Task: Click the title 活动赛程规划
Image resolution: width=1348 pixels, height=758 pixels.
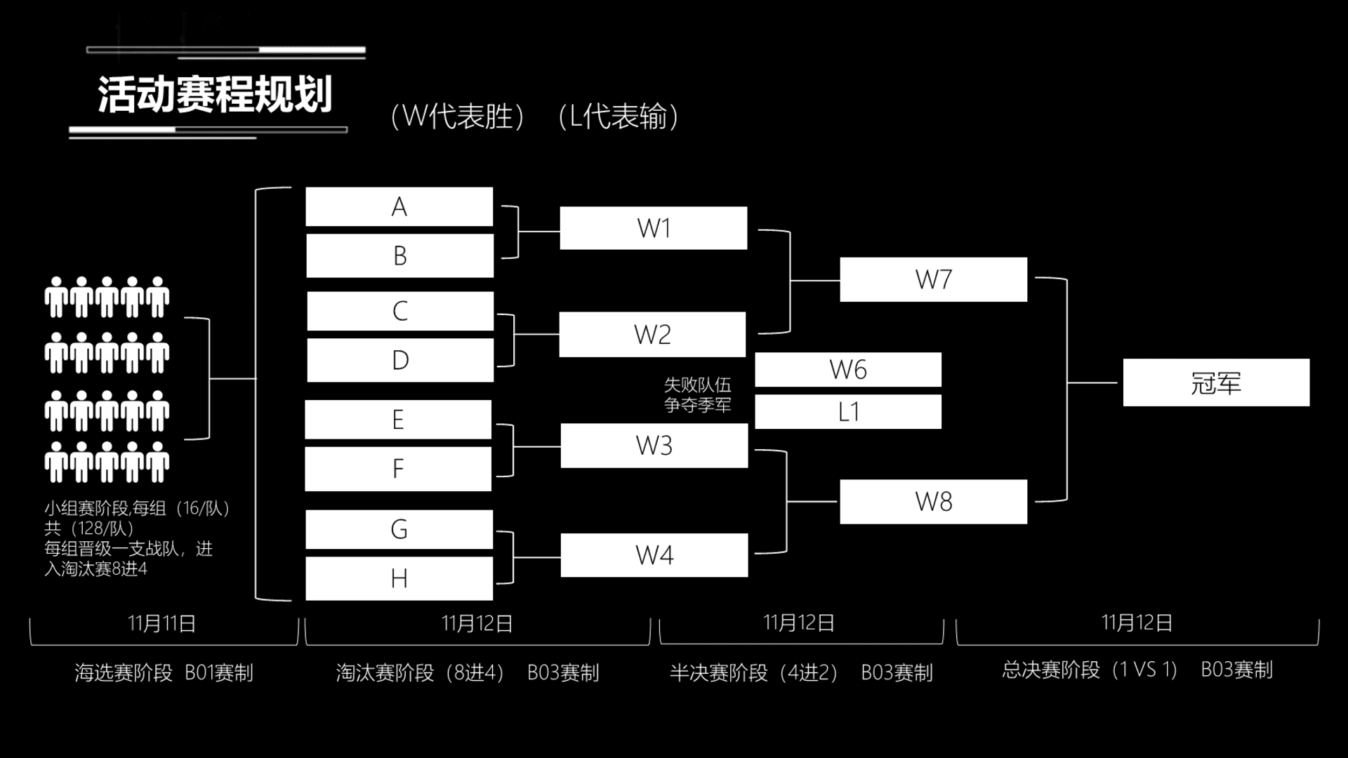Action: (x=215, y=95)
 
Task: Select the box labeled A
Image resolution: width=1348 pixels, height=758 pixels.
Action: (x=399, y=206)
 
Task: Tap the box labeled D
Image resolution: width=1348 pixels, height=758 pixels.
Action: (x=400, y=360)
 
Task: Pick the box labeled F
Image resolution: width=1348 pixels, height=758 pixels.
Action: (x=398, y=469)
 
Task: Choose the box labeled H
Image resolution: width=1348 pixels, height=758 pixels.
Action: (x=399, y=578)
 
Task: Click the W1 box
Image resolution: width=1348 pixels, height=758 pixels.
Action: (x=654, y=228)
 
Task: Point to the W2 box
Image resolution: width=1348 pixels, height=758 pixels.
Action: (x=652, y=334)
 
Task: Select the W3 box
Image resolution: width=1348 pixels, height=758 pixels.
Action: (x=654, y=446)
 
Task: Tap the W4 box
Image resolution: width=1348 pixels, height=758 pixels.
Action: (x=654, y=555)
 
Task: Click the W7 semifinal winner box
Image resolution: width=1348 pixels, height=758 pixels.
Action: (x=934, y=279)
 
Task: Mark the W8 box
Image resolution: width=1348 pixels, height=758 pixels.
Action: (x=934, y=502)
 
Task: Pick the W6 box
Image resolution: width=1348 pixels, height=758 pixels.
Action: (x=848, y=369)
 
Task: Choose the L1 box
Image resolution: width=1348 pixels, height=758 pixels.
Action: (x=848, y=411)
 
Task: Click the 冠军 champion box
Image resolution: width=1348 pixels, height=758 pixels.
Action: (x=1216, y=383)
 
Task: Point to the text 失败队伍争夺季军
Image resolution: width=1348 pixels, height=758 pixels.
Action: (x=698, y=394)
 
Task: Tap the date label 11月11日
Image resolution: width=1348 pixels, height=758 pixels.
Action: (x=162, y=623)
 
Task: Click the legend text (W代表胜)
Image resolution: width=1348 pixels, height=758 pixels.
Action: (x=458, y=117)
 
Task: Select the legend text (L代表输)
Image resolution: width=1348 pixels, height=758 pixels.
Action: (x=619, y=117)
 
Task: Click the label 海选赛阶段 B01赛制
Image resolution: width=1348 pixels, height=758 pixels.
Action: (x=164, y=672)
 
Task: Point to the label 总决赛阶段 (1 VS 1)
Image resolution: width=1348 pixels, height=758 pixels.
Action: (x=1090, y=670)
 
